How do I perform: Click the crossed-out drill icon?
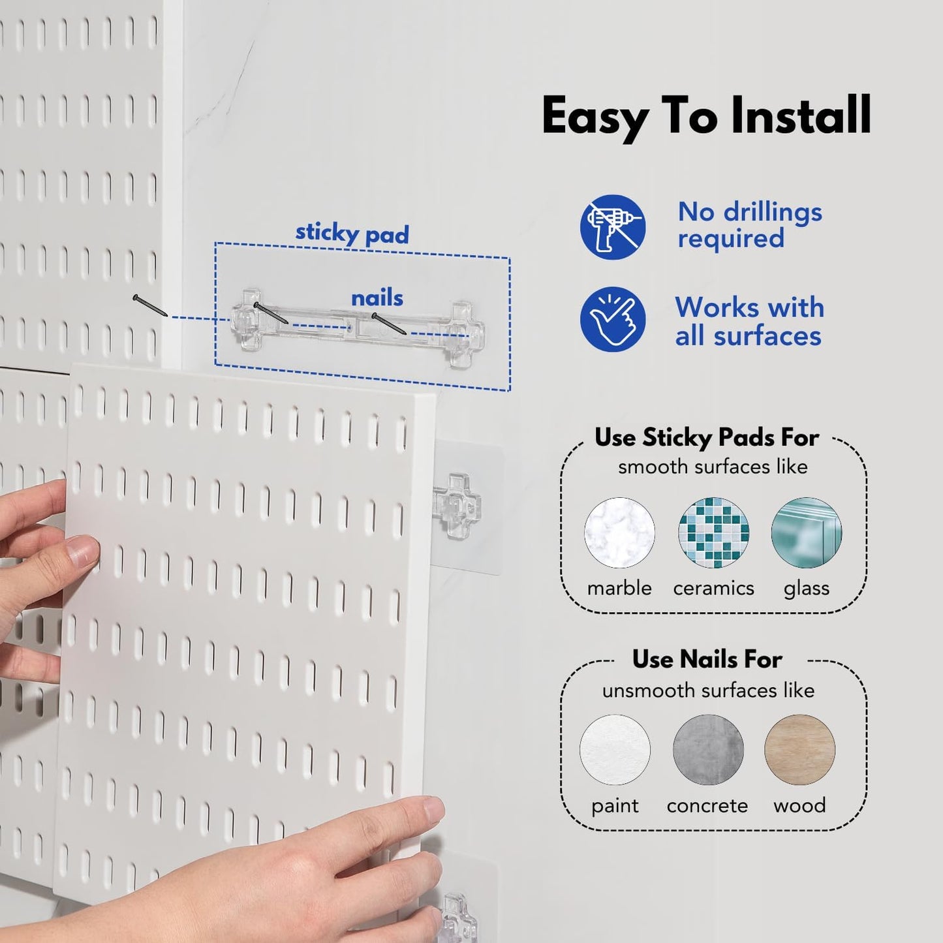coord(612,227)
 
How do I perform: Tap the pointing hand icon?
coord(612,319)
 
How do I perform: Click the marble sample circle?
coord(619,533)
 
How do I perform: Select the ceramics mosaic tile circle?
coord(713,533)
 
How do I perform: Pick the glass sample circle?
coord(806,533)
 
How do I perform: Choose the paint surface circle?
coord(615,750)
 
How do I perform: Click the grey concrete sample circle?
coord(707,750)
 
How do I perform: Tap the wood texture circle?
coord(799,750)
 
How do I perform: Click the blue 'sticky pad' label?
coord(352,234)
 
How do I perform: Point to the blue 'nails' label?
coord(377,298)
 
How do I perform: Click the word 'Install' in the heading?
coord(801,116)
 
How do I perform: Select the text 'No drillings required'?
coord(749,225)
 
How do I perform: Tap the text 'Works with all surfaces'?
coord(749,322)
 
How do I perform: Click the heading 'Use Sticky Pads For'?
coord(706,437)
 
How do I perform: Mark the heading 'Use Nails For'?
coord(707,660)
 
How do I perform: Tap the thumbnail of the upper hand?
coord(82,551)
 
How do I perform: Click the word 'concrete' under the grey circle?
coord(707,806)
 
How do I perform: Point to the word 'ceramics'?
coord(713,589)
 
